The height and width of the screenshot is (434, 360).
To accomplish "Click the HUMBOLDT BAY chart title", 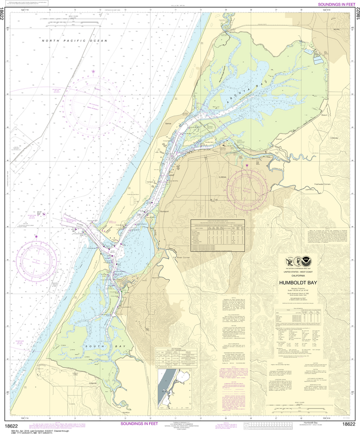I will tap(303, 281).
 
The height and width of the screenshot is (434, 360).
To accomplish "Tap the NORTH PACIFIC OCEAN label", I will tap(74, 41).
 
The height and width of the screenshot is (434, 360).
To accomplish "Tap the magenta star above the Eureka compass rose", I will tap(247, 165).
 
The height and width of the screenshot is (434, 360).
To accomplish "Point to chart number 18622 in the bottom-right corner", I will tap(349, 424).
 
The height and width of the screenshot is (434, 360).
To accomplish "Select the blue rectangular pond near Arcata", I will tap(318, 61).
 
